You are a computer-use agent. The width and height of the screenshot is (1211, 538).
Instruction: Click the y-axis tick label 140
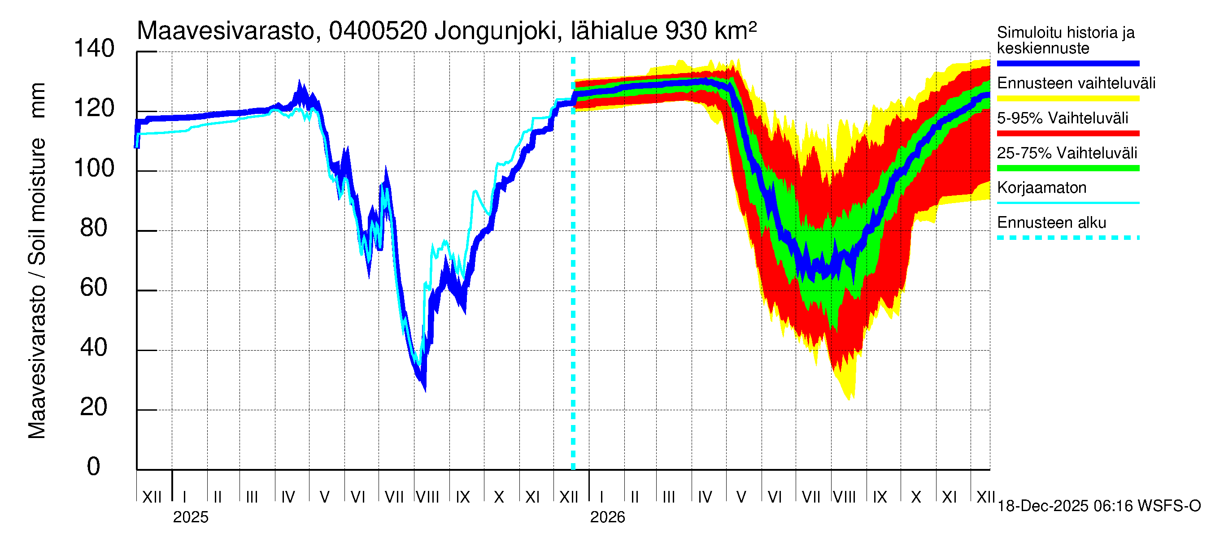(x=94, y=49)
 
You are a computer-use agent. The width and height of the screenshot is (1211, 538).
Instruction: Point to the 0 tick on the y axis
(x=94, y=467)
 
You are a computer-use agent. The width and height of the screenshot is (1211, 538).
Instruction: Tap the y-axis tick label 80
(x=94, y=228)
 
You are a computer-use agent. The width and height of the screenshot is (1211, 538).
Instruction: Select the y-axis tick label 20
(x=94, y=408)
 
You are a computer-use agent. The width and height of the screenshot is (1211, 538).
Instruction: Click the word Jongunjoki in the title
(x=497, y=31)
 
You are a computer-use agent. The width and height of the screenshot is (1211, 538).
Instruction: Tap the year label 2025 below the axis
(x=190, y=517)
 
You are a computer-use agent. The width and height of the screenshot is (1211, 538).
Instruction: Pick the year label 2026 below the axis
(x=607, y=517)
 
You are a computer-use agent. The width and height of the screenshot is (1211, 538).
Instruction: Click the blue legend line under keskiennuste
(x=1067, y=63)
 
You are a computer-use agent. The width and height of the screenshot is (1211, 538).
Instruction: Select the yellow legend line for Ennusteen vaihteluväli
(x=1067, y=99)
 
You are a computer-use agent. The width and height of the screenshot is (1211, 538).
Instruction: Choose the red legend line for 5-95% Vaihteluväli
(x=1067, y=134)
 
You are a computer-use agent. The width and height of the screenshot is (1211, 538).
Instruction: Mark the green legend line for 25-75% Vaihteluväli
(x=1067, y=168)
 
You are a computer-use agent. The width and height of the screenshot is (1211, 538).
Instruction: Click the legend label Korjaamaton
(x=1041, y=188)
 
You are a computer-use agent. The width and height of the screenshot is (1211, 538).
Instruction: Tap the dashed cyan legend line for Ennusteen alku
(x=1067, y=238)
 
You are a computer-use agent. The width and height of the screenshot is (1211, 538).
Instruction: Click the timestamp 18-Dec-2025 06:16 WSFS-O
(x=1098, y=506)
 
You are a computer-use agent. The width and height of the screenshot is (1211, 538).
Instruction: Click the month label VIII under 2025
(x=427, y=497)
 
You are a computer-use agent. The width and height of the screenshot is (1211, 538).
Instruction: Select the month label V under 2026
(x=741, y=497)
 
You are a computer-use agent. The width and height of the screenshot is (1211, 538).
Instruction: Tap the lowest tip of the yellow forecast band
(x=849, y=400)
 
